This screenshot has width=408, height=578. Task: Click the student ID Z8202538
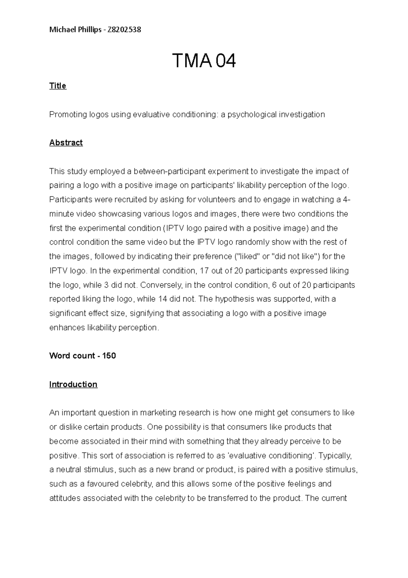click(x=124, y=30)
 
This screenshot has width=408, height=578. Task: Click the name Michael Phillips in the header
click(x=75, y=30)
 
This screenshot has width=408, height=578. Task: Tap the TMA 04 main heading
click(x=204, y=61)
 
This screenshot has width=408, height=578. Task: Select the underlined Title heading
click(x=58, y=86)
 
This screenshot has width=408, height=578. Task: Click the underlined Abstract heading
click(x=66, y=143)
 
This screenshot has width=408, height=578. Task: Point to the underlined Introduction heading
click(x=73, y=384)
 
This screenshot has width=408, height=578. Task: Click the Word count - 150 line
click(x=83, y=356)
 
